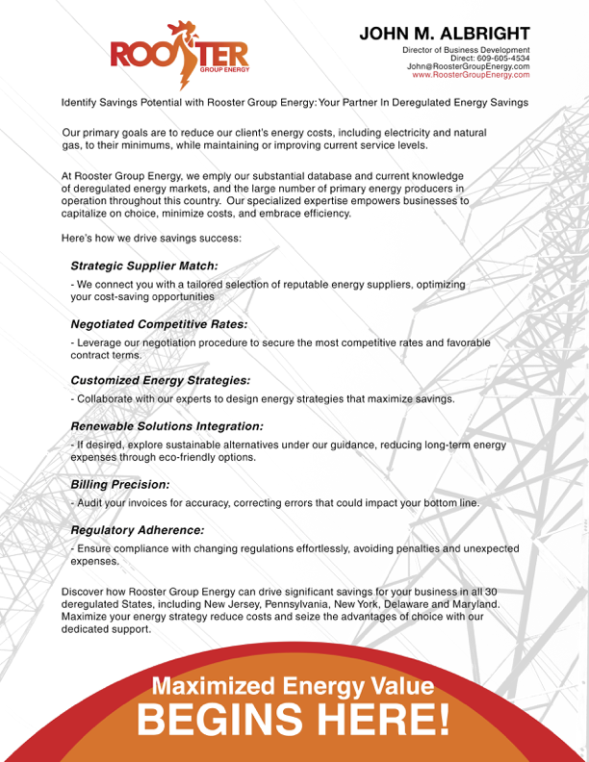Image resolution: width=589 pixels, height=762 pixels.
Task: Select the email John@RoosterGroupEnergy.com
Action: click(468, 65)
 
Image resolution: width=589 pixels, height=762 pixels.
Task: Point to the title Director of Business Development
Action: click(465, 50)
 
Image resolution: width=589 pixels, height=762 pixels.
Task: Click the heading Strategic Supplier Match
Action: click(144, 265)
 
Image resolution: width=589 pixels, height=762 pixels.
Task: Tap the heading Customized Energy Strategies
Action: click(160, 380)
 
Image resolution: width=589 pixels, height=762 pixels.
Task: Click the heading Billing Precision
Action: click(120, 484)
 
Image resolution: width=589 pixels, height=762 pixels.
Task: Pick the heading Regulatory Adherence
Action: click(137, 529)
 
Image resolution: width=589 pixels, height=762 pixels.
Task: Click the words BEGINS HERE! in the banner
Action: click(293, 719)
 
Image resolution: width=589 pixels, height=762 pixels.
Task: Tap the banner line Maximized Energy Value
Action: click(293, 686)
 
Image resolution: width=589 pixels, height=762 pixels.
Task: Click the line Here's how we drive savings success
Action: click(152, 238)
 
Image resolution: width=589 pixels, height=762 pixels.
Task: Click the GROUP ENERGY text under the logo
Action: click(223, 69)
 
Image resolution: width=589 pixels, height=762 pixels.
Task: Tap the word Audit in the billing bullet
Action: click(90, 502)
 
